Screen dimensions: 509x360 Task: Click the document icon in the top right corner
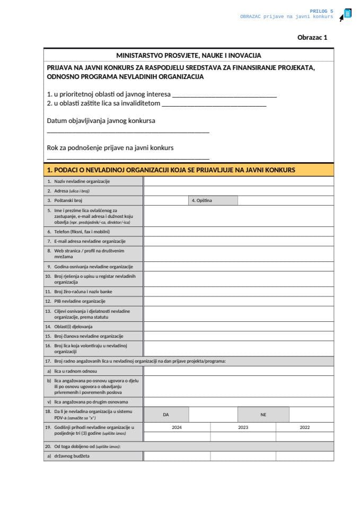coord(347,14)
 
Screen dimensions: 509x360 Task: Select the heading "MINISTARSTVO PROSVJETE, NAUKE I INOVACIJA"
coord(189,55)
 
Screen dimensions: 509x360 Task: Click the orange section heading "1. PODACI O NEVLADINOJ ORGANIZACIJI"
coord(171,170)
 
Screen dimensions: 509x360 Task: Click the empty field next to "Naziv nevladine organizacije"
coord(239,181)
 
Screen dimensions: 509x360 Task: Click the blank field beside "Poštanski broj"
coord(165,200)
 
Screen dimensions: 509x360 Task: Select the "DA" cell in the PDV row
coord(166,415)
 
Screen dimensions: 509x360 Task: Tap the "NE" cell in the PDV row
coord(263,415)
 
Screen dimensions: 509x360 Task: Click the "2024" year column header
coord(177,427)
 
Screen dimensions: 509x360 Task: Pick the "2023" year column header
coord(243,427)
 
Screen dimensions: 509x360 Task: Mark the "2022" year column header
coord(305,427)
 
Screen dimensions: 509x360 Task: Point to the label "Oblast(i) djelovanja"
coord(73,326)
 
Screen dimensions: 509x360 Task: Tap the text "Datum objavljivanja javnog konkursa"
coord(101,121)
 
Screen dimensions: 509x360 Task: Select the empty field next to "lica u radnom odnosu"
coord(239,371)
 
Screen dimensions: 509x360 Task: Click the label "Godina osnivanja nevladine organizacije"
coord(90,267)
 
